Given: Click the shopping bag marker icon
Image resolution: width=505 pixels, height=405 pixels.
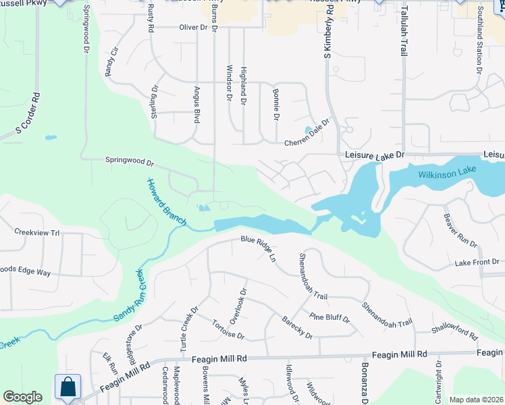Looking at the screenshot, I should point(68,387).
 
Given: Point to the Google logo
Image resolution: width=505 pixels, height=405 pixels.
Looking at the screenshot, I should point(22,397).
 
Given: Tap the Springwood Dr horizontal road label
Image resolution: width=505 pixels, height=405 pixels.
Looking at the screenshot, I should point(130,162).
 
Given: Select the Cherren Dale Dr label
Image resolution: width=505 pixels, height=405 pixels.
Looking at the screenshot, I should point(307,133).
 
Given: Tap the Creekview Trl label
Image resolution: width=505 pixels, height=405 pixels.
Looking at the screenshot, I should point(37,232).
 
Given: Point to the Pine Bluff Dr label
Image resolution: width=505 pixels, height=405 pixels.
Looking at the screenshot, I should point(329,317).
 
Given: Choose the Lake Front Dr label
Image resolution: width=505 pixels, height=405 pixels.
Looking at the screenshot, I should point(477,262).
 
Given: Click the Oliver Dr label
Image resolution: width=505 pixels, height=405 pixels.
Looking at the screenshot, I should point(193,27).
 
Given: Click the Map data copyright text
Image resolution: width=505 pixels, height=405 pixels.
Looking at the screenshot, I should point(476,400).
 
